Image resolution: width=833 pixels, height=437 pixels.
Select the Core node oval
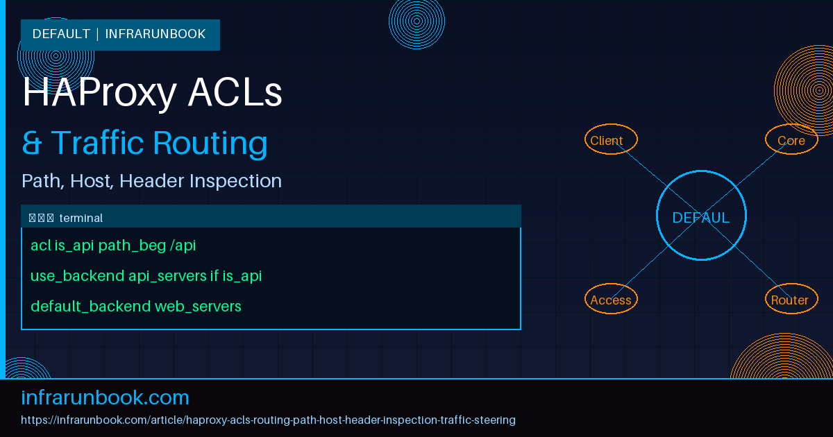(x=791, y=139)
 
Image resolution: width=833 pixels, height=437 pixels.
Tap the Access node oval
(x=611, y=299)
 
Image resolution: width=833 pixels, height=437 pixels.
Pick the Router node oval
(x=790, y=299)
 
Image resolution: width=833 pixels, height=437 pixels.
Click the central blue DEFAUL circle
(x=701, y=216)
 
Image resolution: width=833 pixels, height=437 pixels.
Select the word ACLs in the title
(x=235, y=93)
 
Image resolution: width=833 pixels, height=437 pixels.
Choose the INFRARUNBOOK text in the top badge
(x=155, y=34)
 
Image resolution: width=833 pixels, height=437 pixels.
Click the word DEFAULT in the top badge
(x=61, y=34)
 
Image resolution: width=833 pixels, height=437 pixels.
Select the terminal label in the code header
(x=81, y=218)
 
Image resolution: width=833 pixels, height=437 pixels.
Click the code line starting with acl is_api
(x=114, y=246)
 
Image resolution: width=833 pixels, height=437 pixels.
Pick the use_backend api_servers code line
(x=146, y=276)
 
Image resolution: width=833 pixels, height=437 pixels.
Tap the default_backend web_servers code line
(x=136, y=306)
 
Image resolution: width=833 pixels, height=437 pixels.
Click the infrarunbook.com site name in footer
(x=106, y=397)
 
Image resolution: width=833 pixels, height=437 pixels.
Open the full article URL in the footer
(x=269, y=420)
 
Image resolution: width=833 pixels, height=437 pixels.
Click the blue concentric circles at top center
(x=416, y=22)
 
